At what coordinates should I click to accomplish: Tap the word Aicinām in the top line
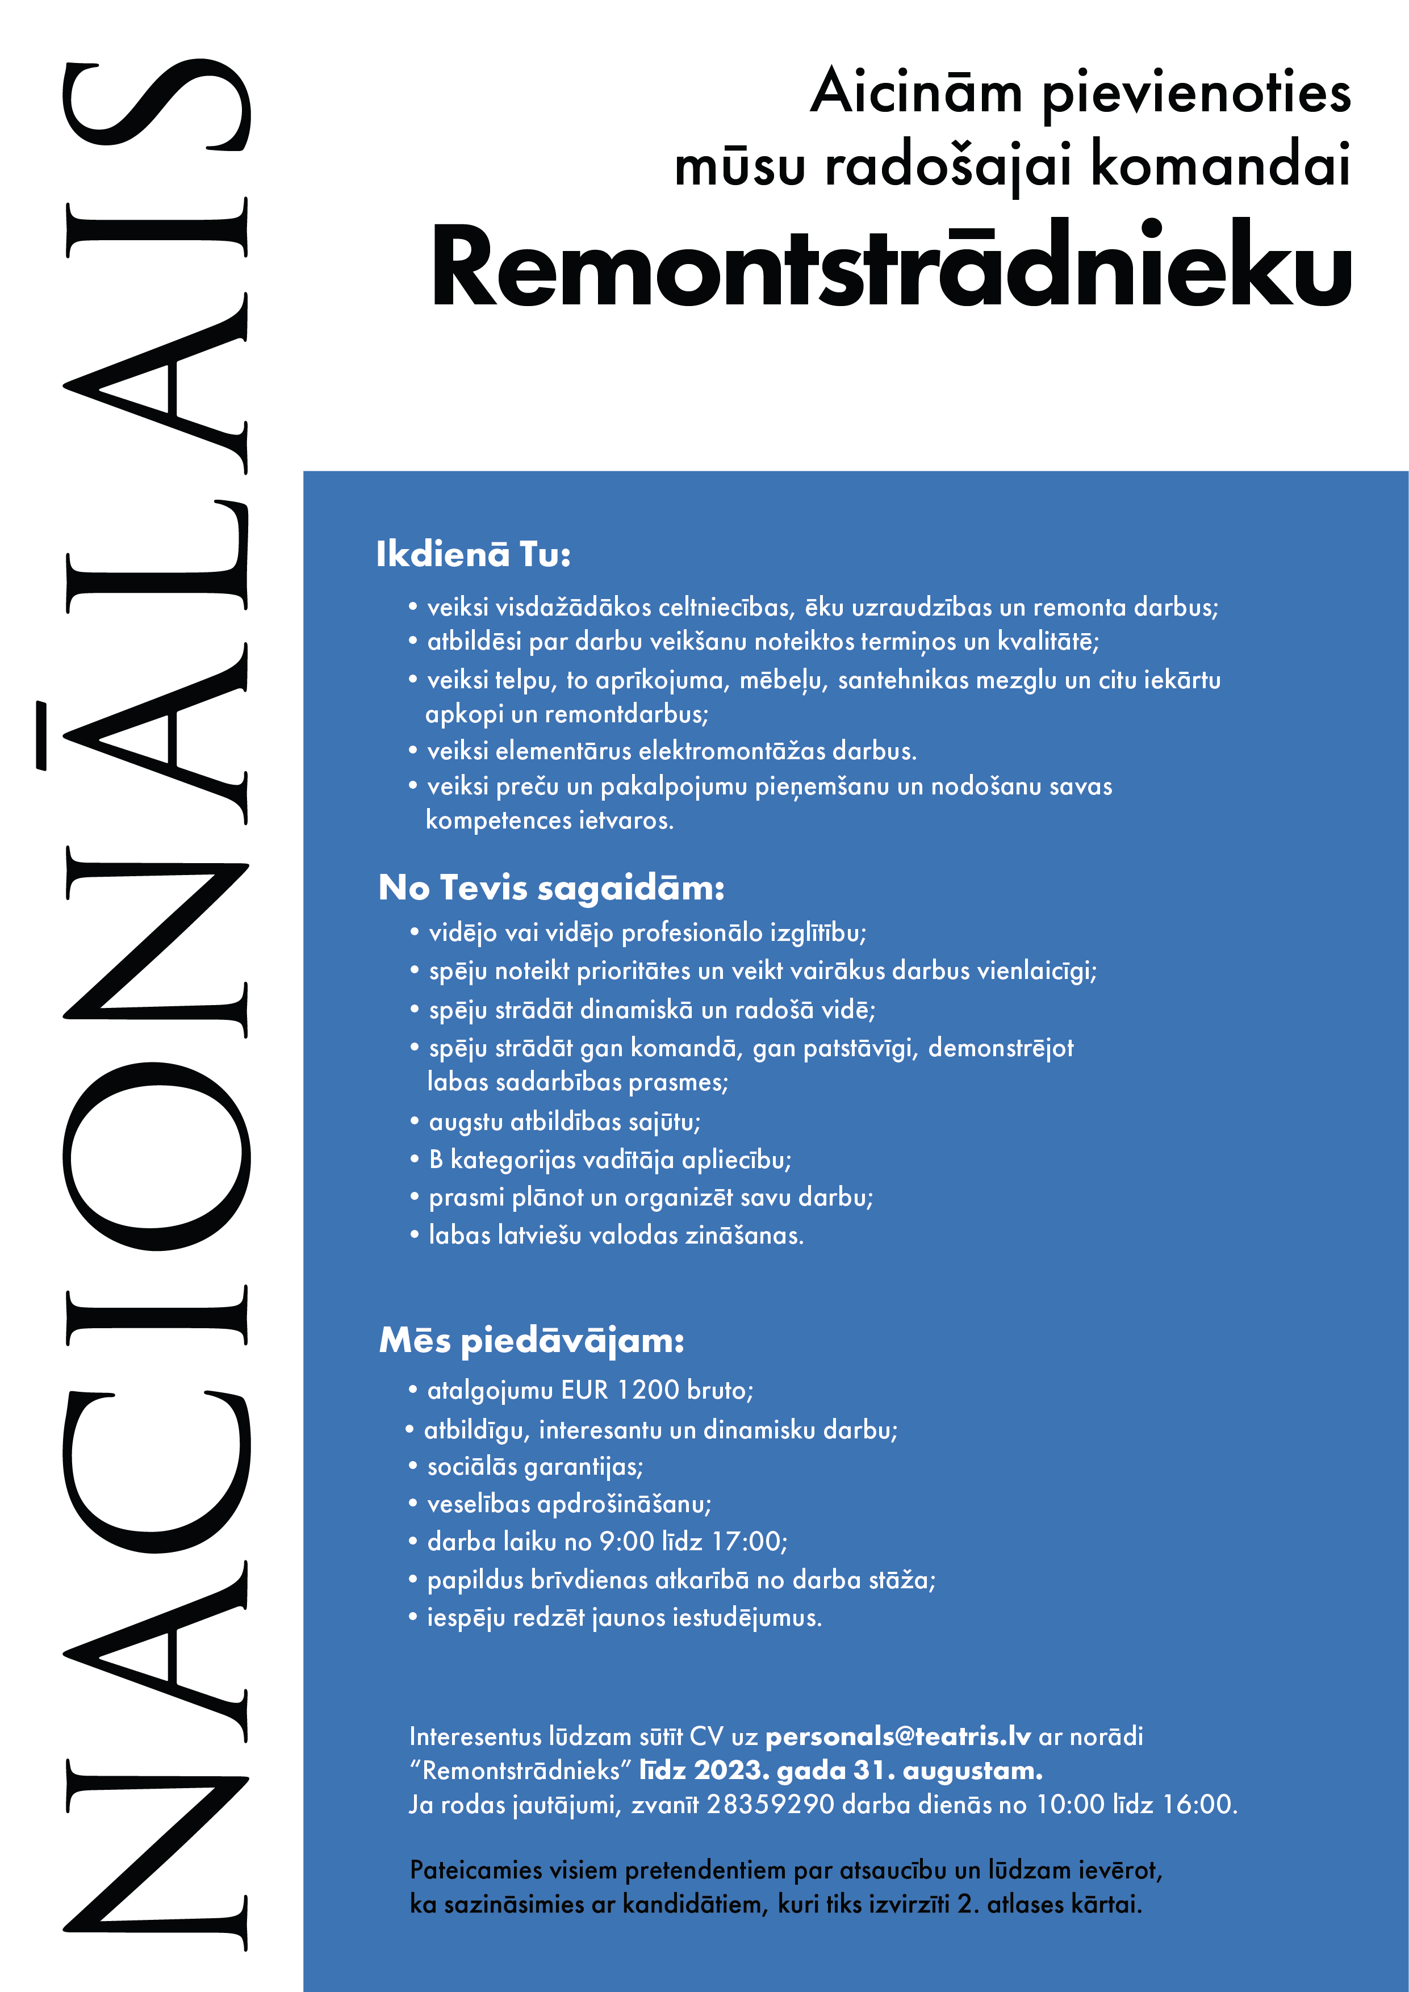click(x=916, y=92)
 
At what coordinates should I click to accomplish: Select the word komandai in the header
click(x=1220, y=165)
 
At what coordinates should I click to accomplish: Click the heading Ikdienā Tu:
click(x=473, y=554)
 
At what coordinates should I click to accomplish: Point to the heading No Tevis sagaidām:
click(x=551, y=888)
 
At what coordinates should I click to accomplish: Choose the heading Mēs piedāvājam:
click(x=531, y=1341)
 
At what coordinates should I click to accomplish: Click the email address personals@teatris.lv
click(x=897, y=1736)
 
